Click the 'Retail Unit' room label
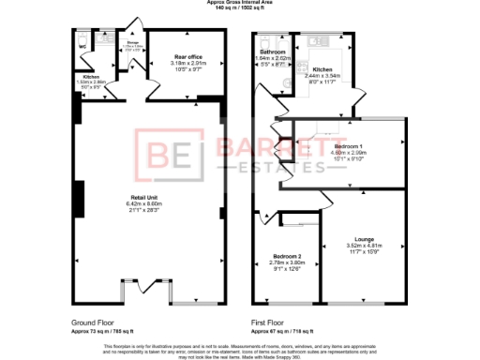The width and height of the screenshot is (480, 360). pos(144,197)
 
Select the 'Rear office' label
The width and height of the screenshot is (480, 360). pos(188,57)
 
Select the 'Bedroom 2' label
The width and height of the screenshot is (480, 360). pos(287,256)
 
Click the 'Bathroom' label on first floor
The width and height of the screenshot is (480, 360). pos(273,51)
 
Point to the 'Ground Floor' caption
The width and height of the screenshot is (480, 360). pos(93,322)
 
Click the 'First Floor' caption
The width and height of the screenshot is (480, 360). pos(268,322)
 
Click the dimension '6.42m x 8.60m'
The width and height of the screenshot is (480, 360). pos(144,203)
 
